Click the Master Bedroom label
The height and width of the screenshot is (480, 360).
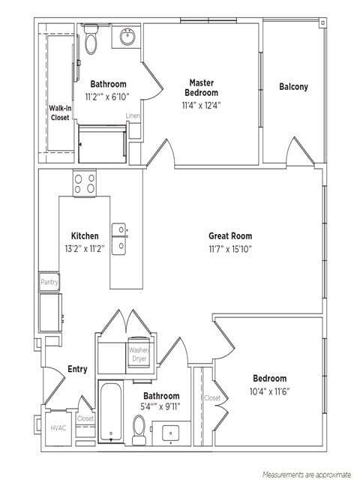coord(202,88)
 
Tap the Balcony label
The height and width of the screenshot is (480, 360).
coord(293,87)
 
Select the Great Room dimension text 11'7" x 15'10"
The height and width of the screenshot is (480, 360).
coord(230,249)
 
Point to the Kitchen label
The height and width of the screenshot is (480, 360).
coord(85,235)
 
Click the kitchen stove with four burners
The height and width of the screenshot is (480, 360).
coord(85,183)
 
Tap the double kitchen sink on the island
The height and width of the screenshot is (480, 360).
coord(119,238)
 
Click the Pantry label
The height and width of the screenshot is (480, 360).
coord(49,282)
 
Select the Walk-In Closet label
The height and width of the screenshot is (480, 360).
coord(60,112)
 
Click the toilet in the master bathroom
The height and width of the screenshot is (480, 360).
coord(91,40)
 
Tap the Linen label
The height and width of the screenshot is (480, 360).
coord(133,115)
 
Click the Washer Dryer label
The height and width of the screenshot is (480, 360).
coord(139,354)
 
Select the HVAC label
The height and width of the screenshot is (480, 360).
coord(58,428)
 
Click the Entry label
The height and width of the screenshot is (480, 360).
coord(77,369)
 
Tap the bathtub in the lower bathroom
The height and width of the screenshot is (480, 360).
coord(110,412)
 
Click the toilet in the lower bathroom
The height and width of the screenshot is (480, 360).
coord(139,430)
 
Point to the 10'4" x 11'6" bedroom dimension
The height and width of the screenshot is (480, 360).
coord(270,391)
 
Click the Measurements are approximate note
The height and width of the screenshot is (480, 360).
coord(307,475)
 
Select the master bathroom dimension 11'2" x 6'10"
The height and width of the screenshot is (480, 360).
coord(107,97)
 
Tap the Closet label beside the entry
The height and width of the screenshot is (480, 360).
coord(85,418)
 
